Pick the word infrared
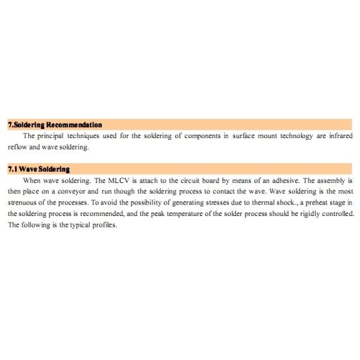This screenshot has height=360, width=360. (x=340, y=136)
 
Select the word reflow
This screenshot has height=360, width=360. (x=17, y=147)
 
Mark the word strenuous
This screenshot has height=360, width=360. (x=22, y=203)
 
